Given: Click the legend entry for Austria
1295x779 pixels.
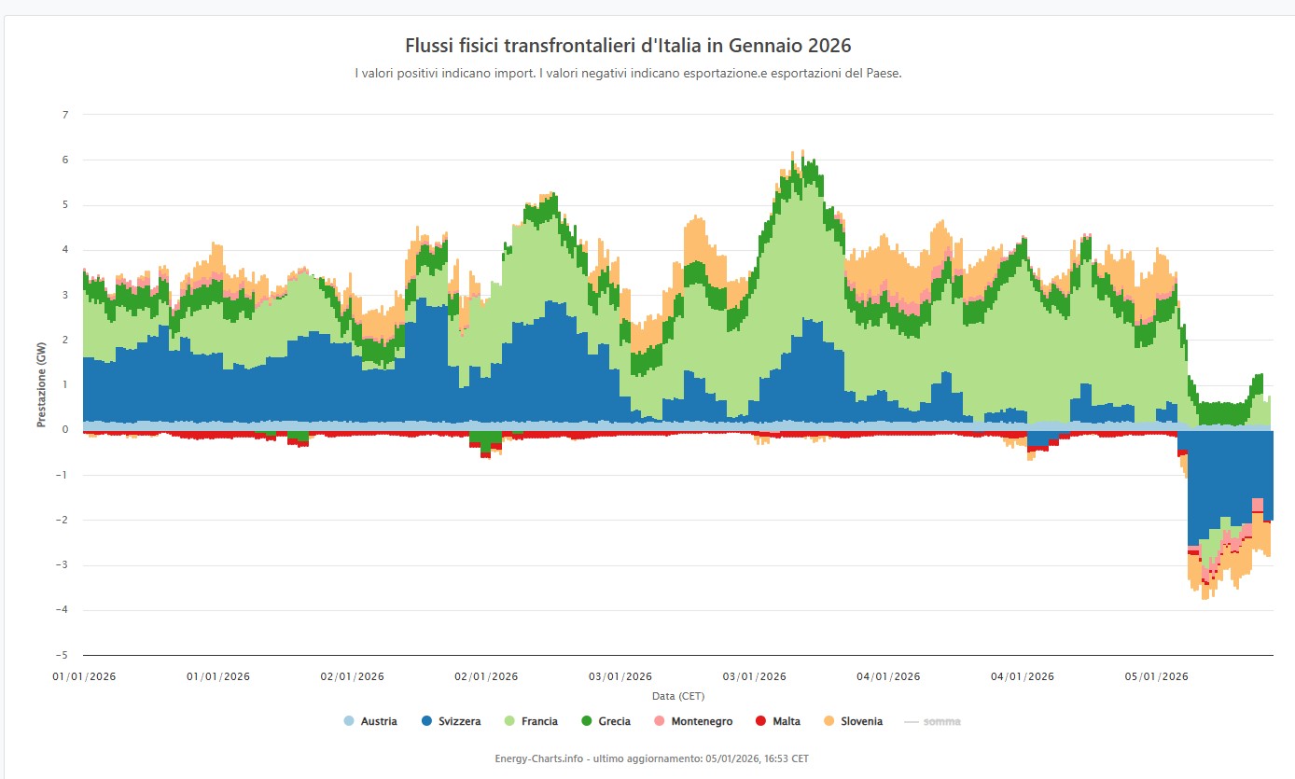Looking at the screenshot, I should [371, 721].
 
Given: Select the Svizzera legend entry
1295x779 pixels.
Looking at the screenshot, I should [452, 721].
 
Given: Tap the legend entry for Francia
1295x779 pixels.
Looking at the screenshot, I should [531, 721].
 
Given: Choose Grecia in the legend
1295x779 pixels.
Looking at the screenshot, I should [606, 721].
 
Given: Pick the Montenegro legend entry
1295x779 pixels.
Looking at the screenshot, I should [692, 721].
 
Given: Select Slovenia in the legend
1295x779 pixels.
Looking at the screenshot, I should [853, 721].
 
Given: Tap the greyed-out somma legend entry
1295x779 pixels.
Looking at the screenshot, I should [934, 721].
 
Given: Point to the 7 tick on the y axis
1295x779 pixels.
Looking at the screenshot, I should [65, 115].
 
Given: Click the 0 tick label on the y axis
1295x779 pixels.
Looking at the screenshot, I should [65, 430].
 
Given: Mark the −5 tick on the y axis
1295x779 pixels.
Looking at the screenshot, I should [63, 655].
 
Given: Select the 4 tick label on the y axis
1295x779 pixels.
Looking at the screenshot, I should [65, 250].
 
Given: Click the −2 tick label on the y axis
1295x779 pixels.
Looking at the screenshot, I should [63, 520].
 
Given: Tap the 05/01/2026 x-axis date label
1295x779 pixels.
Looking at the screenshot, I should [1155, 676].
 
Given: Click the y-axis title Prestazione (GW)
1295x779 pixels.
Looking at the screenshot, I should [42, 385].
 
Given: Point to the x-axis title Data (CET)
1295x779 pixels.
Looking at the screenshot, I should [678, 696].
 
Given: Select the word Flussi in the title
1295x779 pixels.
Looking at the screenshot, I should [429, 46].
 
